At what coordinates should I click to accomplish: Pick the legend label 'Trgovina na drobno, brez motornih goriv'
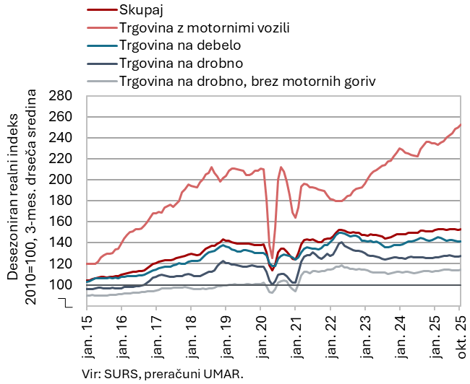coord(247,80)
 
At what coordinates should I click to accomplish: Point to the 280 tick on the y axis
coord(64,96)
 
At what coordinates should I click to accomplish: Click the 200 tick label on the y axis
coord(64,180)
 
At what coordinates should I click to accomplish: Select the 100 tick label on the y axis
coord(64,285)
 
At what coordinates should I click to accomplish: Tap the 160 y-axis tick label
coord(64,222)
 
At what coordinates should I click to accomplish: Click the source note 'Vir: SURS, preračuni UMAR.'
coord(164,373)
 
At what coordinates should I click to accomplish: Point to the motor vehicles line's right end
coord(461,125)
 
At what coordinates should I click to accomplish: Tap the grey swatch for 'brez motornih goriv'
coord(101,80)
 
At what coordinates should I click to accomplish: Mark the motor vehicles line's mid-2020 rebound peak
coord(281,167)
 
